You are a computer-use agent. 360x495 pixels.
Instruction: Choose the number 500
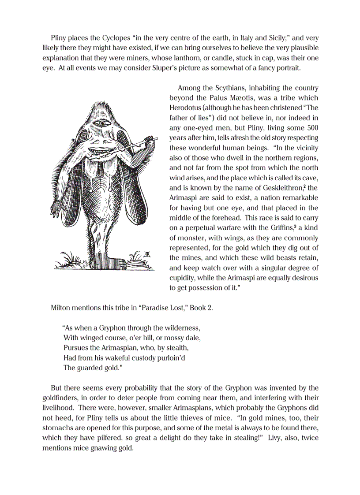(x=311, y=128)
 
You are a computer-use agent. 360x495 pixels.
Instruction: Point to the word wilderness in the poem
(x=178, y=328)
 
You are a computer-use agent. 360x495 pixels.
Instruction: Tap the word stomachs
(x=58, y=428)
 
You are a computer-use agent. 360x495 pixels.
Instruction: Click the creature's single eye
(x=103, y=123)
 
